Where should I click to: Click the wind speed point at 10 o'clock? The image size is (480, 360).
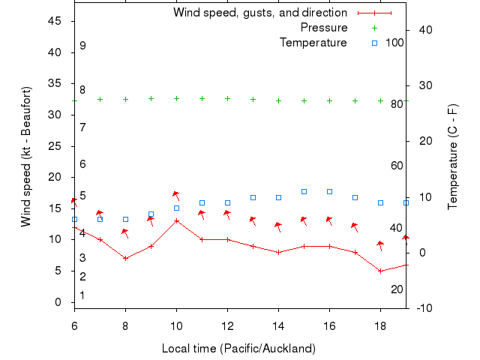tap(176, 220)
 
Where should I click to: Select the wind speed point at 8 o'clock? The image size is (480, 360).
tap(125, 258)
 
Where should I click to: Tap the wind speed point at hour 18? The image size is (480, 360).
tap(380, 271)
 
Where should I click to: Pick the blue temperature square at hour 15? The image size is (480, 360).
tap(304, 192)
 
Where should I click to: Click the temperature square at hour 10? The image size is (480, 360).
tap(176, 208)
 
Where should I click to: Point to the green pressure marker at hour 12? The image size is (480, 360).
tap(227, 98)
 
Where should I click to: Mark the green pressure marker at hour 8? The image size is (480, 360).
tap(125, 99)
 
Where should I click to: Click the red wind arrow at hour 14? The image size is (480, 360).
tap(278, 225)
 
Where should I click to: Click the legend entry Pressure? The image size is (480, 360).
tap(324, 28)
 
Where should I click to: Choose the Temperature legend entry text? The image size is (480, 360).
tap(313, 43)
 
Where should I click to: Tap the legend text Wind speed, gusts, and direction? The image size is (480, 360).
tap(260, 13)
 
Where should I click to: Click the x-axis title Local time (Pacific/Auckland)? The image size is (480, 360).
tap(238, 349)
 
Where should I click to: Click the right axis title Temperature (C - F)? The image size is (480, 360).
tap(453, 157)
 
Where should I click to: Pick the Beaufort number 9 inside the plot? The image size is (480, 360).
tap(82, 46)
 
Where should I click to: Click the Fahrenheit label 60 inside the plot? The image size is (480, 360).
tap(397, 166)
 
